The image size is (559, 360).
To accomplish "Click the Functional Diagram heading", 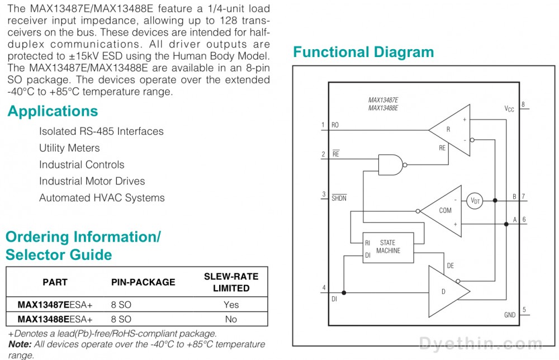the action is [363, 52].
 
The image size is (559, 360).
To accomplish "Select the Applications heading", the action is [53, 111].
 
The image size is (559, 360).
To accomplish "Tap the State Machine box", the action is [389, 248].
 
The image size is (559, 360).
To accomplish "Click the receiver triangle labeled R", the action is [450, 130].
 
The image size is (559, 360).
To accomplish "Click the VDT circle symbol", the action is [475, 201].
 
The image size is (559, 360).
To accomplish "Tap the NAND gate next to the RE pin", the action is [391, 165].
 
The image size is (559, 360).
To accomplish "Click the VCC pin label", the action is [509, 108].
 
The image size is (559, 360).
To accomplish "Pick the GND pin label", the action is [510, 315].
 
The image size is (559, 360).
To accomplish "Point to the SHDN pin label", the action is [339, 198].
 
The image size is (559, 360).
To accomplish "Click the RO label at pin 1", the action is [335, 125].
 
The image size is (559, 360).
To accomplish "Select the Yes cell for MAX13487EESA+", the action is [231, 305].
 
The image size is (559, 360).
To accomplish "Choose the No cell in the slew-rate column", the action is [231, 319].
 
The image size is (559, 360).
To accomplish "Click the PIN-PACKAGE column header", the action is [143, 282].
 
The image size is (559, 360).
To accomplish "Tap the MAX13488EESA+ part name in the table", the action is [55, 319].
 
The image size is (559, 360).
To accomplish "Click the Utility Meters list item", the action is [69, 148].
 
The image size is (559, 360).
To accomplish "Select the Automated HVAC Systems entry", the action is [102, 198].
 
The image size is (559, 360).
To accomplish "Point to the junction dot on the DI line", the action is [344, 292].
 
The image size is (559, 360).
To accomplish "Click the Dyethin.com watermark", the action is [481, 344].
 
